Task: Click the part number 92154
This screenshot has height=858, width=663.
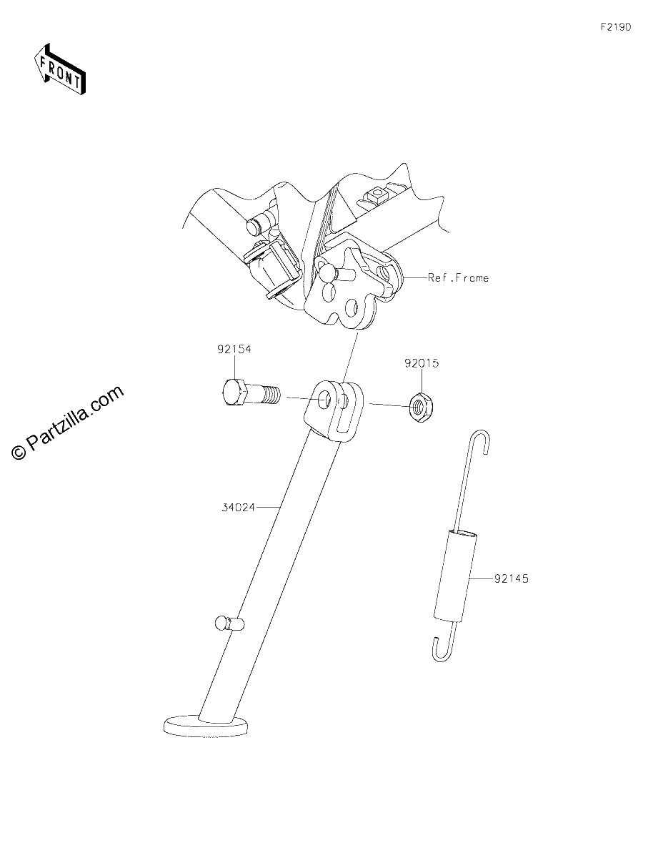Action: click(234, 349)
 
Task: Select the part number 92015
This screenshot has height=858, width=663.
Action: click(422, 363)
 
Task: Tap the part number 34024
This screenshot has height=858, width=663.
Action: click(238, 508)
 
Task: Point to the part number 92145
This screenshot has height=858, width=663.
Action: click(512, 579)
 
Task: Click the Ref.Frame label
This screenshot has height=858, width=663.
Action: click(458, 278)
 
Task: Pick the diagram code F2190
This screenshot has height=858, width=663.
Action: click(616, 27)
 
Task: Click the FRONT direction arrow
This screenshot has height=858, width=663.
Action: click(59, 69)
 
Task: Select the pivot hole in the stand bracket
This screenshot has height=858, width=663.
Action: click(325, 400)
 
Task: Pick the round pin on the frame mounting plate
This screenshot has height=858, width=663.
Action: click(326, 271)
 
